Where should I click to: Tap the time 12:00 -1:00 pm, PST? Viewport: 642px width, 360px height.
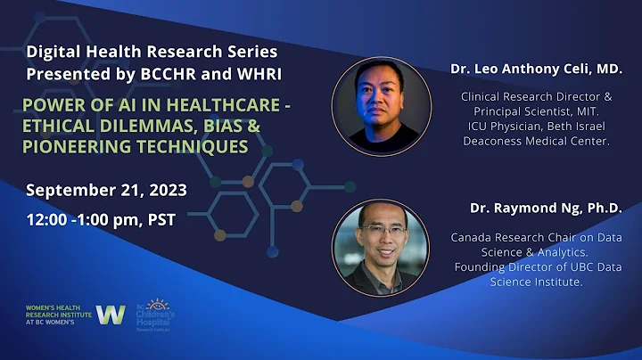[101, 219]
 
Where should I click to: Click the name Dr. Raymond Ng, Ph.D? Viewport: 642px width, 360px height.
[546, 209]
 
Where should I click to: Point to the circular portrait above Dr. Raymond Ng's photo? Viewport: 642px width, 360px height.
[375, 102]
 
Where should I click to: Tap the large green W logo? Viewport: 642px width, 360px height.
[111, 315]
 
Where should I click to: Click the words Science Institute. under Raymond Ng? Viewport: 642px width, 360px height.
[536, 282]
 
